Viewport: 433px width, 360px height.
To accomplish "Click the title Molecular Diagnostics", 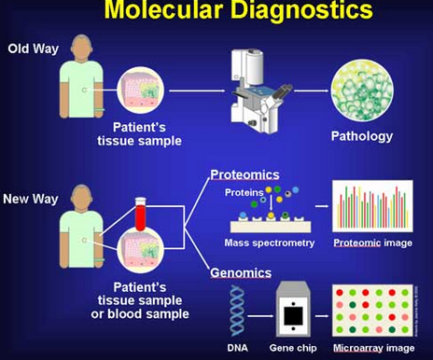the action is [216, 12].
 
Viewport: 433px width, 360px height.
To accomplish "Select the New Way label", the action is [31, 199].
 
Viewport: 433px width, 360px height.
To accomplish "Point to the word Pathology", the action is [362, 136].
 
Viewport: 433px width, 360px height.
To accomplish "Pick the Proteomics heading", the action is [242, 174].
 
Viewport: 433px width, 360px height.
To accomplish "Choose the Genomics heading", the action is [241, 273].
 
